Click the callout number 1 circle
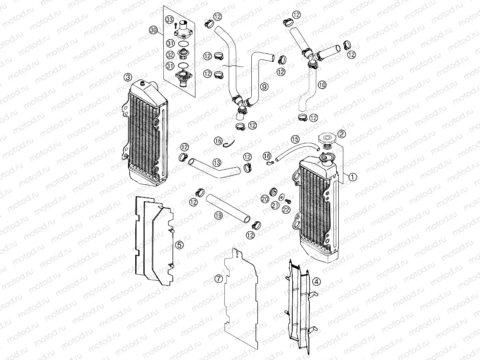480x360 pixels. [x=352, y=176]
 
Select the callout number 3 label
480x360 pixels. [x=128, y=77]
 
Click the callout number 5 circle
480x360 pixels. [x=179, y=244]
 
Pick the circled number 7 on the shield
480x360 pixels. [x=219, y=279]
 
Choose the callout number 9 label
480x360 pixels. [x=265, y=87]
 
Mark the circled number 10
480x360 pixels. [x=322, y=85]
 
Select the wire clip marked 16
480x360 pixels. [x=230, y=144]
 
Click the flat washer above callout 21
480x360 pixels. [x=282, y=197]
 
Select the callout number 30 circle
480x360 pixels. [x=154, y=29]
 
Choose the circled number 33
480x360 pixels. [x=170, y=20]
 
